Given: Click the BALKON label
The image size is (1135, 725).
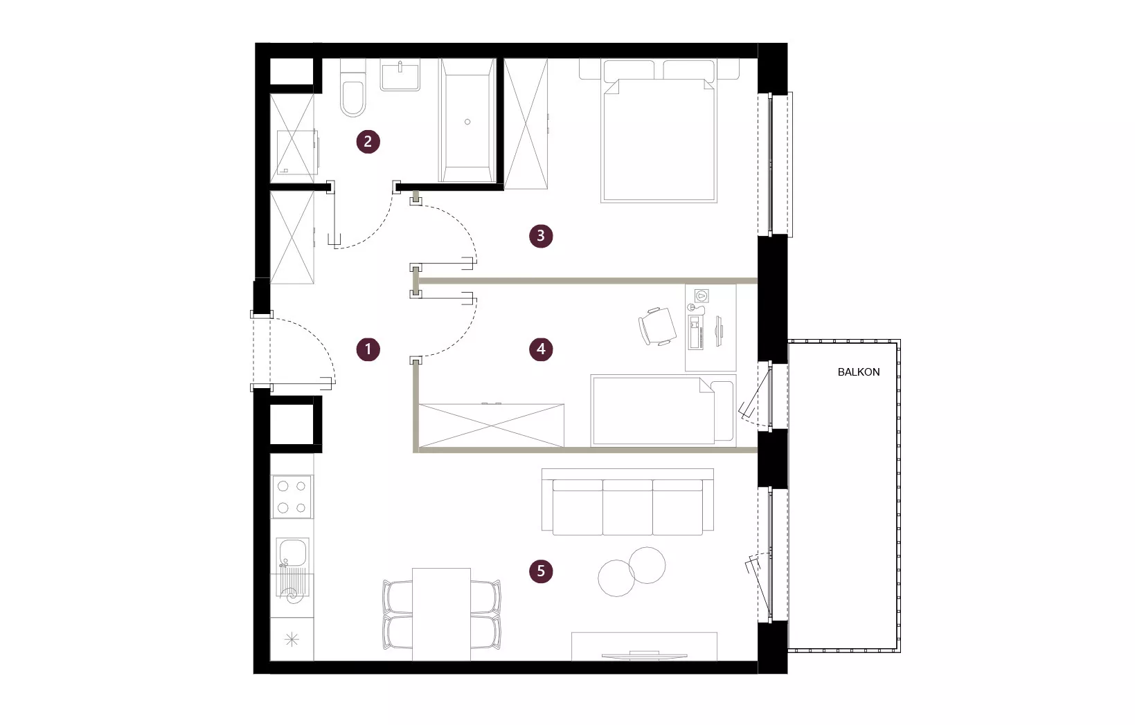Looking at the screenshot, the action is pyautogui.click(x=858, y=372).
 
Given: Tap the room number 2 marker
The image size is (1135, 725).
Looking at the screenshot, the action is pyautogui.click(x=368, y=141).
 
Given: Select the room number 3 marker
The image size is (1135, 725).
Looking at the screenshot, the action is pyautogui.click(x=541, y=236).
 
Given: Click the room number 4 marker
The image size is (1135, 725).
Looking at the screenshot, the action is pyautogui.click(x=541, y=349).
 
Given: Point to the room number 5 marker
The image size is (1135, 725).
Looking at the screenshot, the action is pyautogui.click(x=541, y=571).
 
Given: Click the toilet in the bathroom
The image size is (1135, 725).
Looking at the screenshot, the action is pyautogui.click(x=353, y=88).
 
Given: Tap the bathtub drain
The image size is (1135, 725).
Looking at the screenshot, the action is pyautogui.click(x=467, y=122).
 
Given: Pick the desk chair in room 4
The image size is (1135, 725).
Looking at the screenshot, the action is pyautogui.click(x=657, y=327).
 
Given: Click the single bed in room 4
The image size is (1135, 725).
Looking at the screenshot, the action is pyautogui.click(x=663, y=411).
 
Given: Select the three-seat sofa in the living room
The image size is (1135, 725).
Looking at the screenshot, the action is pyautogui.click(x=627, y=502).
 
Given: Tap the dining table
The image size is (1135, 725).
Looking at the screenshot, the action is pyautogui.click(x=441, y=614).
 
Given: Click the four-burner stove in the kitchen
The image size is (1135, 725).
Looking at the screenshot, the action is pyautogui.click(x=292, y=497).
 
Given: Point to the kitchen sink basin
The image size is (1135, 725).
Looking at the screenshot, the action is pyautogui.click(x=292, y=552).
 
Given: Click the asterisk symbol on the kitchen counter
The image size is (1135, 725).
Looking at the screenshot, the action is pyautogui.click(x=292, y=640).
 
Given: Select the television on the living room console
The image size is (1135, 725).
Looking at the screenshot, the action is pyautogui.click(x=644, y=656).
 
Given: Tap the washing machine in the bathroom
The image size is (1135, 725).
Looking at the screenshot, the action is pyautogui.click(x=297, y=152).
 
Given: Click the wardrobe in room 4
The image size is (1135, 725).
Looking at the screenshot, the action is pyautogui.click(x=492, y=425).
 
